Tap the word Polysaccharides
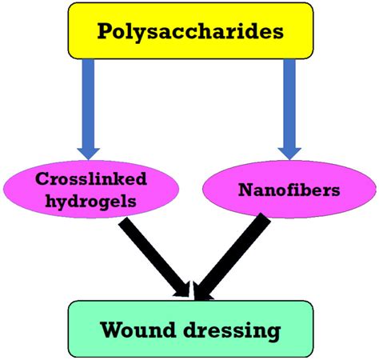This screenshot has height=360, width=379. click(189, 32)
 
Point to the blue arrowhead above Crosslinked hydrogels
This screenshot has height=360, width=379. click(87, 149)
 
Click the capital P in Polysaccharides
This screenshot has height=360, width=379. click(105, 31)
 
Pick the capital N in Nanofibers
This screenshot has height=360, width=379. click(245, 190)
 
